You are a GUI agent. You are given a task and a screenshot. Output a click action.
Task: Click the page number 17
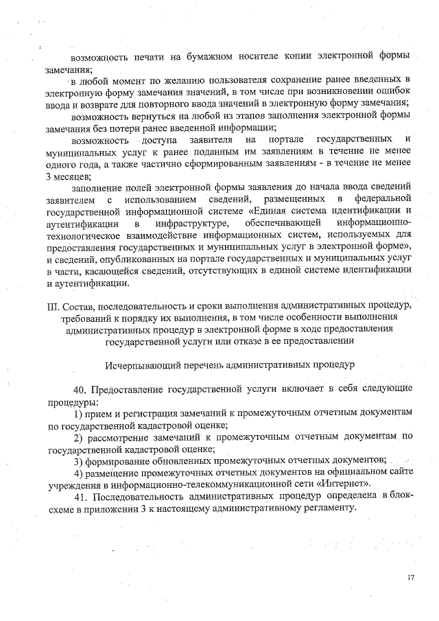(x=411, y=577)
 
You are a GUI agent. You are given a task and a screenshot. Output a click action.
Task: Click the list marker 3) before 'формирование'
(x=78, y=460)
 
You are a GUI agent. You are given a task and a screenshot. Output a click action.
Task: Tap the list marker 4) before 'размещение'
(x=78, y=473)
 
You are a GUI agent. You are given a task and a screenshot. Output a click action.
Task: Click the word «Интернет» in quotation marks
(x=318, y=484)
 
